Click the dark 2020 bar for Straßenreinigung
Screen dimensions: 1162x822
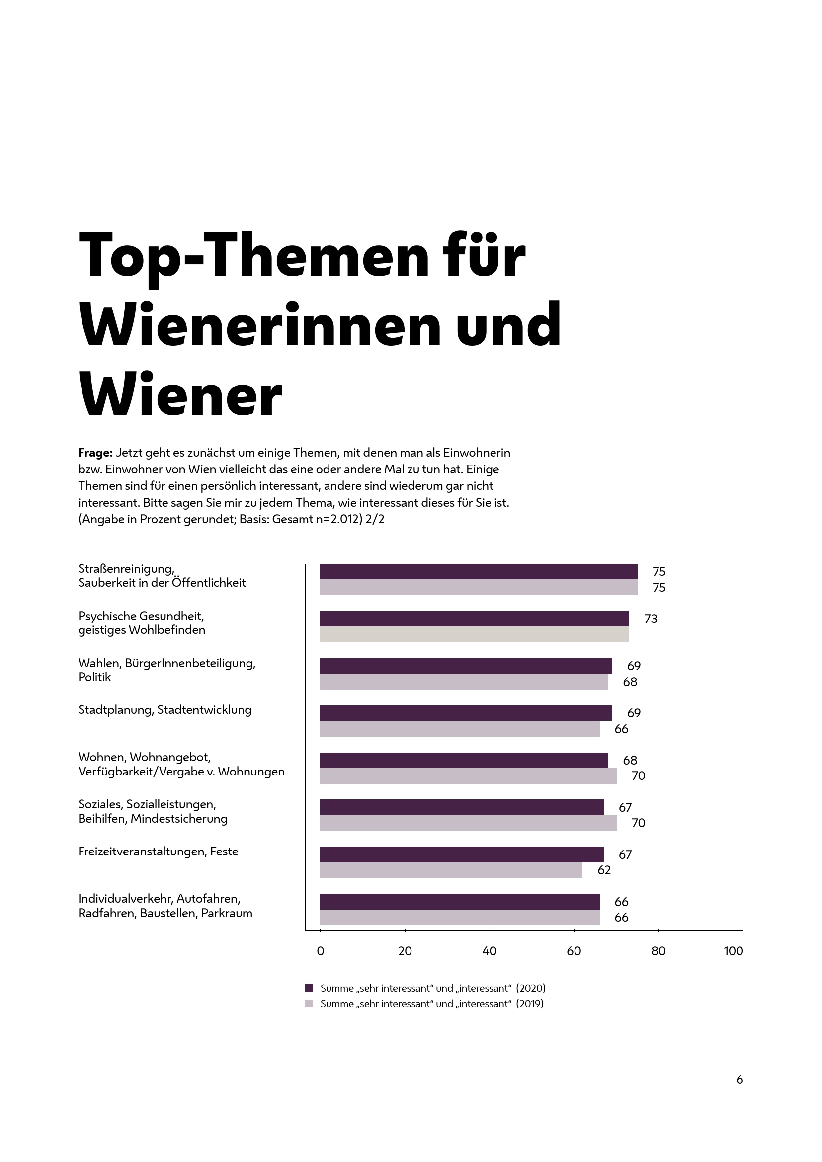[x=478, y=571]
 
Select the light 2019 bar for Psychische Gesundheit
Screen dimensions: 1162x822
[x=474, y=634]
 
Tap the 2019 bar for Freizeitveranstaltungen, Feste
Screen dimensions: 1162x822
[x=451, y=870]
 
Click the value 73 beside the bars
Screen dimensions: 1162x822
[x=651, y=619]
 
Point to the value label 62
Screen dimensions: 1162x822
[x=604, y=870]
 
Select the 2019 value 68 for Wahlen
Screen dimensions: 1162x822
[x=630, y=682]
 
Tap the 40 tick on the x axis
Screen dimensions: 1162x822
[x=490, y=951]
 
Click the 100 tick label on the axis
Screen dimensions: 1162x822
[x=734, y=951]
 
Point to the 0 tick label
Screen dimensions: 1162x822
[x=321, y=951]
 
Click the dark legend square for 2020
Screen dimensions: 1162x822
[x=309, y=988]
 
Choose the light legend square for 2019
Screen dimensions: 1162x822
[x=309, y=1004]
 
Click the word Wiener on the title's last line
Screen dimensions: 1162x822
[x=180, y=394]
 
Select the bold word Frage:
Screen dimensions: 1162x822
[x=95, y=453]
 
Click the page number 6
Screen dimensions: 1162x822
[x=740, y=1080]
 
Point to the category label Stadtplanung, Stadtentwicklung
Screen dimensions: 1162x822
[x=164, y=709]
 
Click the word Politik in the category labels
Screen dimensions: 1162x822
[x=94, y=677]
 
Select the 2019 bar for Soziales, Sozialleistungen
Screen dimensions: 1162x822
[x=468, y=823]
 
